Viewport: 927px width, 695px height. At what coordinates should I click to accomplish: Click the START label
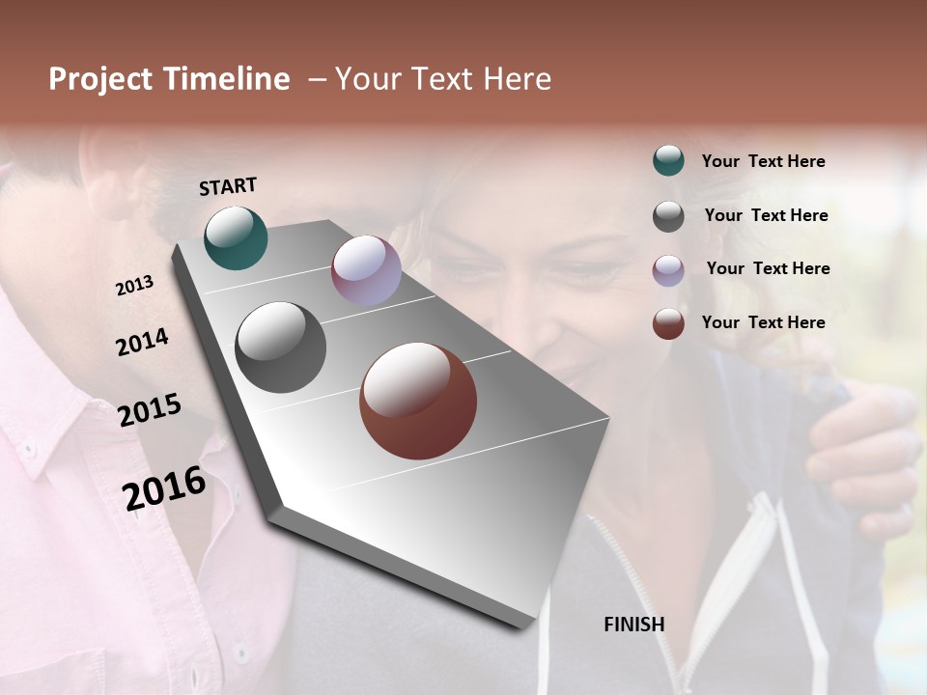[228, 186]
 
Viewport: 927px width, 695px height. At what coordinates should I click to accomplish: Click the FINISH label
[633, 625]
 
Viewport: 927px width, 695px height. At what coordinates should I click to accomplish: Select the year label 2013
[134, 285]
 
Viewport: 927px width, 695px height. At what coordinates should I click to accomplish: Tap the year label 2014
[142, 342]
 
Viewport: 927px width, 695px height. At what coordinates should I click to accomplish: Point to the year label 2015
[150, 410]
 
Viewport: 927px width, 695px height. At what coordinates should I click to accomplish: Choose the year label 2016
[164, 487]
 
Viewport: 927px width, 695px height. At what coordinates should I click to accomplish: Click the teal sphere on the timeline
[236, 237]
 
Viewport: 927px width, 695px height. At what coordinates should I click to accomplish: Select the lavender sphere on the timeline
[366, 270]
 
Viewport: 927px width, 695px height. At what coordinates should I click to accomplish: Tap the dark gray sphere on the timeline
[280, 347]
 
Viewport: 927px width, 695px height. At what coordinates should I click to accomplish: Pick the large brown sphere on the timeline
[418, 401]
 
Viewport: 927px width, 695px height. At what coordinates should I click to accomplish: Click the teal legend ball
[668, 160]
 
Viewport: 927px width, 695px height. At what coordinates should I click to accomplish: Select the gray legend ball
[668, 216]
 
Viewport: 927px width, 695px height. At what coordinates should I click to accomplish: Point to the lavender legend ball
[668, 270]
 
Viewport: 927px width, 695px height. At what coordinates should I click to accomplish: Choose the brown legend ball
[668, 323]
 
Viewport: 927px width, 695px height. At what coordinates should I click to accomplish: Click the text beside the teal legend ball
[763, 161]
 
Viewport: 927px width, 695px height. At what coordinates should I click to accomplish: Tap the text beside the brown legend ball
[763, 322]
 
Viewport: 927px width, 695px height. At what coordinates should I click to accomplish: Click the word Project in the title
[100, 79]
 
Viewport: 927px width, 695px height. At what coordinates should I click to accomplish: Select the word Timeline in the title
[226, 79]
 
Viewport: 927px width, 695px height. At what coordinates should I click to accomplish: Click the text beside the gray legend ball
[766, 215]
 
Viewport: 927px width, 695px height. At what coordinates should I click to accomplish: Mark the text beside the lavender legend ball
[768, 268]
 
